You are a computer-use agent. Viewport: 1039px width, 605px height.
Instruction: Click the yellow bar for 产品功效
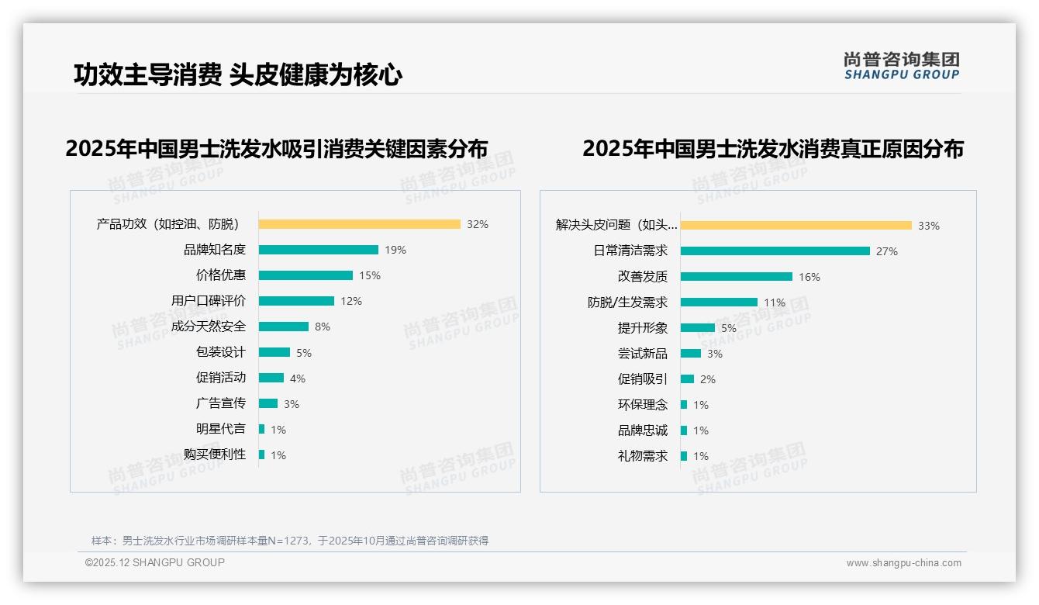359,224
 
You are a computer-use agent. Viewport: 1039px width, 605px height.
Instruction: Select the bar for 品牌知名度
318,250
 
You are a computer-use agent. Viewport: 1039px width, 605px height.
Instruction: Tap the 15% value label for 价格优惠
370,275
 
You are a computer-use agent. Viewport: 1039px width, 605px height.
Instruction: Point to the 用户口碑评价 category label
208,301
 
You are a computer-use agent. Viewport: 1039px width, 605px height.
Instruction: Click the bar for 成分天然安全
283,327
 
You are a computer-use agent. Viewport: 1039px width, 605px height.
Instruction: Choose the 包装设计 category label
220,352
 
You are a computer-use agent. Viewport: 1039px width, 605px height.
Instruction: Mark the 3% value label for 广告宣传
291,404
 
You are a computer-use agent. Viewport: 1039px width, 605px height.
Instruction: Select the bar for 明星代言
261,429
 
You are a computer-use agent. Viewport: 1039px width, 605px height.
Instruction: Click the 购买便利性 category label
214,455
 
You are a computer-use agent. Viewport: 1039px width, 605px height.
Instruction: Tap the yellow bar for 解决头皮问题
796,226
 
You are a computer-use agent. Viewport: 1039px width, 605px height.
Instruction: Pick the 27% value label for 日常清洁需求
886,251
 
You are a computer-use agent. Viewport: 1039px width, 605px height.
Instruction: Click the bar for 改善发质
736,277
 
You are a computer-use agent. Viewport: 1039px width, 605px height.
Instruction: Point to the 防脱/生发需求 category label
627,302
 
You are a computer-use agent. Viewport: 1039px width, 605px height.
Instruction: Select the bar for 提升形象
697,328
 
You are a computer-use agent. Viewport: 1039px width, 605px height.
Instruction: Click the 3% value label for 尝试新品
714,354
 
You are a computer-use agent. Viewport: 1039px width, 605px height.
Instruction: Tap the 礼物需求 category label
642,456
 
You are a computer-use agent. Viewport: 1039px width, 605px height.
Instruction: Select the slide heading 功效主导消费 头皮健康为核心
237,74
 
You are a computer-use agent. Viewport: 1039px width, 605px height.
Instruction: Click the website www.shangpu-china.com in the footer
903,563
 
